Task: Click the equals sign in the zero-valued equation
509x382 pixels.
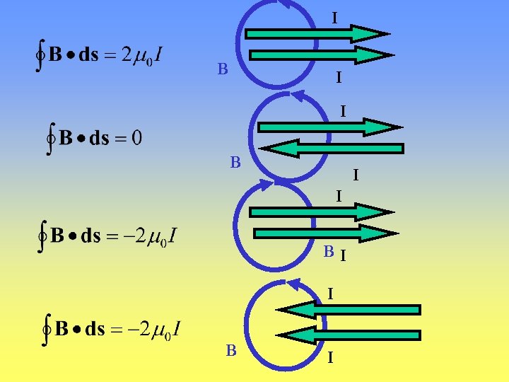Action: click(x=117, y=138)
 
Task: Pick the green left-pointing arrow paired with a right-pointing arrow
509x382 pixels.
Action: click(x=332, y=149)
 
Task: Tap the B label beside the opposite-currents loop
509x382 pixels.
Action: click(x=235, y=163)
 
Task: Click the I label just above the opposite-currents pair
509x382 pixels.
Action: click(x=342, y=112)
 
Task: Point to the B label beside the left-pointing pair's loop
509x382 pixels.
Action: click(x=231, y=350)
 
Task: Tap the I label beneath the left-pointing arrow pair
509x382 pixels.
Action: click(x=330, y=359)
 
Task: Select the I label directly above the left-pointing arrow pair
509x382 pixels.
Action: click(x=330, y=291)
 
